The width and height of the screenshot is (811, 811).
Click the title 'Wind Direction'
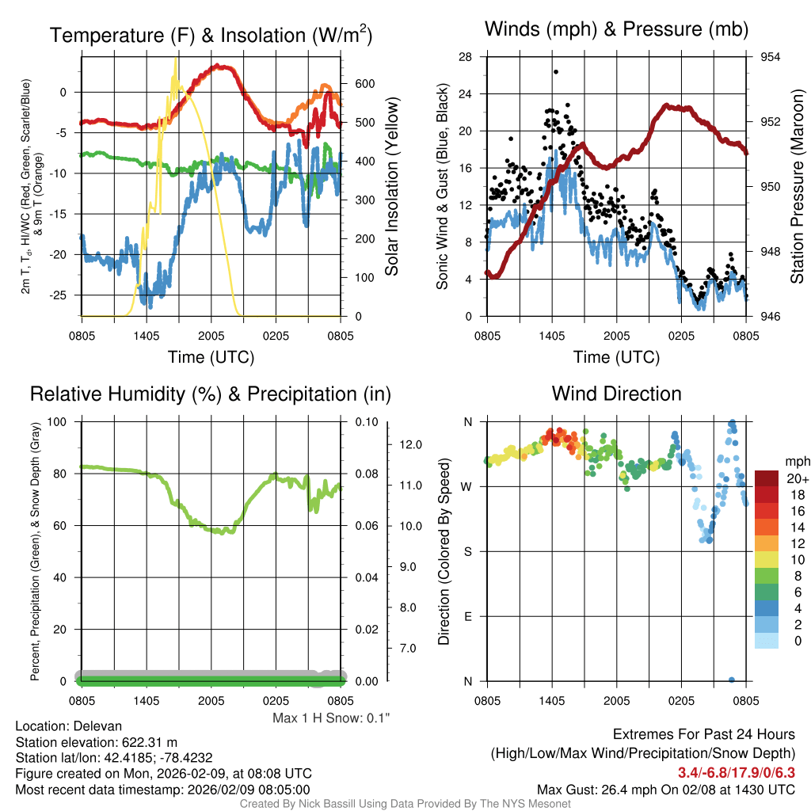pos(616,394)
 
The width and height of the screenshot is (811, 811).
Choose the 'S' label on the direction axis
pos(468,551)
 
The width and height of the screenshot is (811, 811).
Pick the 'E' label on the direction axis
pos(468,616)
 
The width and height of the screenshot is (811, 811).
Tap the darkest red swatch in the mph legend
pos(767,478)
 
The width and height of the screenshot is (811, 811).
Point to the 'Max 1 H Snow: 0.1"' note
pos(331,718)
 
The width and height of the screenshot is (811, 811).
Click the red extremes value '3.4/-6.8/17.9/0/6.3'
pos(736,771)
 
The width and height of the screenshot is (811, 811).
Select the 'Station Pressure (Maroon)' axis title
pos(798,186)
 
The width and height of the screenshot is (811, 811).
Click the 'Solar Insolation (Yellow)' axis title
pos(390,186)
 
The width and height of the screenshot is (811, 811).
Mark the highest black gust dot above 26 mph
pos(556,72)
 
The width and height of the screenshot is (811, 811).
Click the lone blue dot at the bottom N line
pos(731,680)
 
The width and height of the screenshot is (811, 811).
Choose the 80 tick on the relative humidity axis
pos(66,474)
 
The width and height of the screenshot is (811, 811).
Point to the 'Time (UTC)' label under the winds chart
pos(616,357)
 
